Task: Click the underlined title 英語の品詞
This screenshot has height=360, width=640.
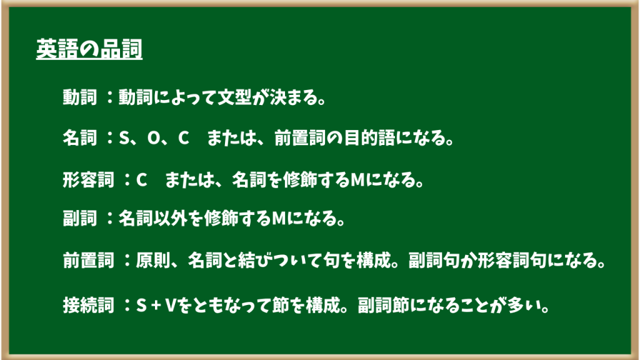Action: click(89, 49)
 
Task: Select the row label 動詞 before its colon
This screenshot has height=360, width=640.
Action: click(80, 97)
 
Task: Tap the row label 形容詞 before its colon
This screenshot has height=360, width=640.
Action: click(89, 179)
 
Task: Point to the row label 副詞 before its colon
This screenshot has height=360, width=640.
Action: click(80, 218)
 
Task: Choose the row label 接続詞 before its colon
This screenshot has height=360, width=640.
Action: click(89, 305)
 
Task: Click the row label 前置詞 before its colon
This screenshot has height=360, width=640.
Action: click(89, 260)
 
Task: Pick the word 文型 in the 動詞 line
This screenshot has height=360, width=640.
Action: click(235, 97)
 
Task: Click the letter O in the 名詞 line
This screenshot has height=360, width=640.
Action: click(154, 138)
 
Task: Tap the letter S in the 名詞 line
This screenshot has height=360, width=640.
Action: click(124, 138)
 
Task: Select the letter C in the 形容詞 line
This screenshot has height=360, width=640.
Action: click(141, 180)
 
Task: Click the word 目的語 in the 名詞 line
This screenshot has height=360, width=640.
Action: click(369, 138)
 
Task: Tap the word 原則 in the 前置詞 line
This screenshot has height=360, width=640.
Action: click(152, 260)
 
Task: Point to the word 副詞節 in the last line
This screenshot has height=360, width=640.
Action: click(383, 305)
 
